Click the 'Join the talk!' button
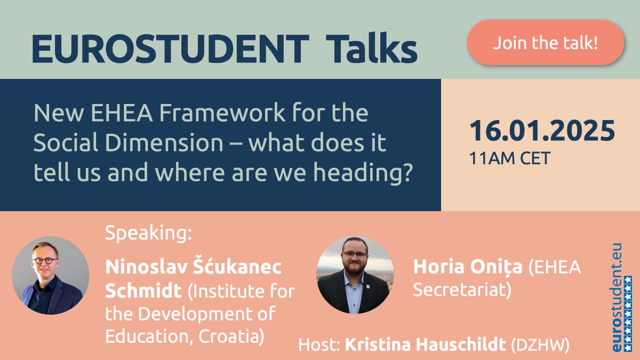[545, 43]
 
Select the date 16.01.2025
[542, 131]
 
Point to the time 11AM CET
[509, 158]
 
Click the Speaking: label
[148, 233]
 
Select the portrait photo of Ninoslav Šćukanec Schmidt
[51, 275]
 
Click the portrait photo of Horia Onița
[355, 275]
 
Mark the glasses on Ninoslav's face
[45, 260]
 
